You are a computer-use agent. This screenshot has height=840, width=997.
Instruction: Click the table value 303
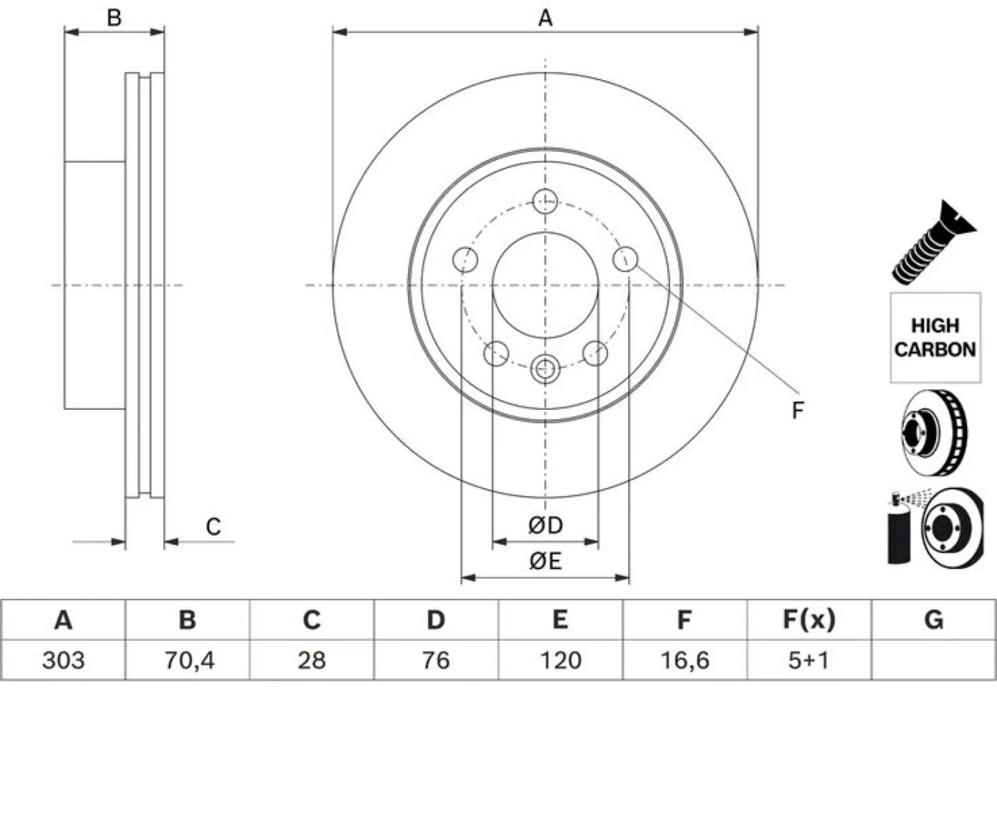click(x=63, y=661)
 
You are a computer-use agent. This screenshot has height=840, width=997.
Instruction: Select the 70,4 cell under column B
click(x=189, y=661)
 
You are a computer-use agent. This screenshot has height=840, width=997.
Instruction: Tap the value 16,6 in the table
click(x=685, y=661)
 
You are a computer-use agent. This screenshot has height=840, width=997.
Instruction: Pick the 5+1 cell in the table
click(x=809, y=661)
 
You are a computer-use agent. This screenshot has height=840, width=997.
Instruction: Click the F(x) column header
click(x=809, y=620)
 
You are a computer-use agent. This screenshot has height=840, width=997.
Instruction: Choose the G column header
click(x=934, y=620)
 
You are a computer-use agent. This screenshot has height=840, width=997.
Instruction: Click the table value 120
click(x=560, y=661)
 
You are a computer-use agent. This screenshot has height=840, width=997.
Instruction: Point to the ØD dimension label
click(x=546, y=525)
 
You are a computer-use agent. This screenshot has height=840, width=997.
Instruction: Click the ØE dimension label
click(x=545, y=561)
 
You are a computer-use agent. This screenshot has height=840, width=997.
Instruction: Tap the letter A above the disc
click(x=545, y=18)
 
